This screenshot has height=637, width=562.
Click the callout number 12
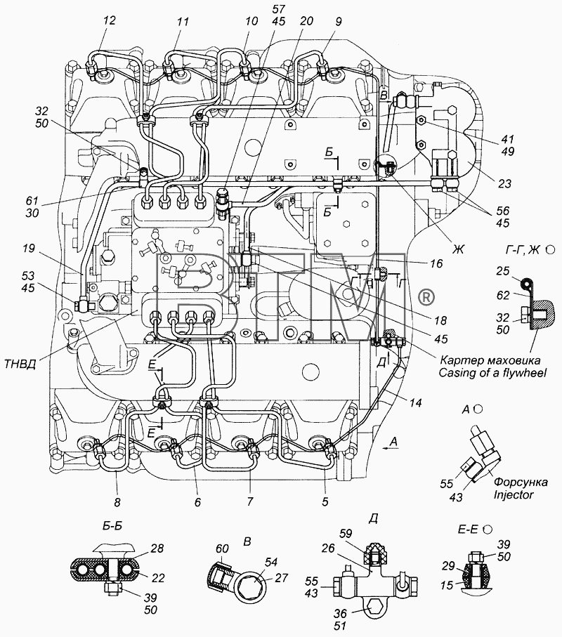110,20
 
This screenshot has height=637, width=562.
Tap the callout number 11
183,21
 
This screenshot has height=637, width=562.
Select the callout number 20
306,20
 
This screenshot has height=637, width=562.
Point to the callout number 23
504,183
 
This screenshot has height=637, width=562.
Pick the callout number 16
436,263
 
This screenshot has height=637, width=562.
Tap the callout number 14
415,402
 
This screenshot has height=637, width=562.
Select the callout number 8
117,502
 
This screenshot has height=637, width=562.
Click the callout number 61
32,200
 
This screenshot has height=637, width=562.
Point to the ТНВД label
20,364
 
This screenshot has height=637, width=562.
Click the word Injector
513,494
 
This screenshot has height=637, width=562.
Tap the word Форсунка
521,482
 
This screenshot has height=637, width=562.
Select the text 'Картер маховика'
490,360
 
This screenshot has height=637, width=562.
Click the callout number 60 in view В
223,549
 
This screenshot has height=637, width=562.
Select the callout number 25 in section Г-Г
503,270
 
